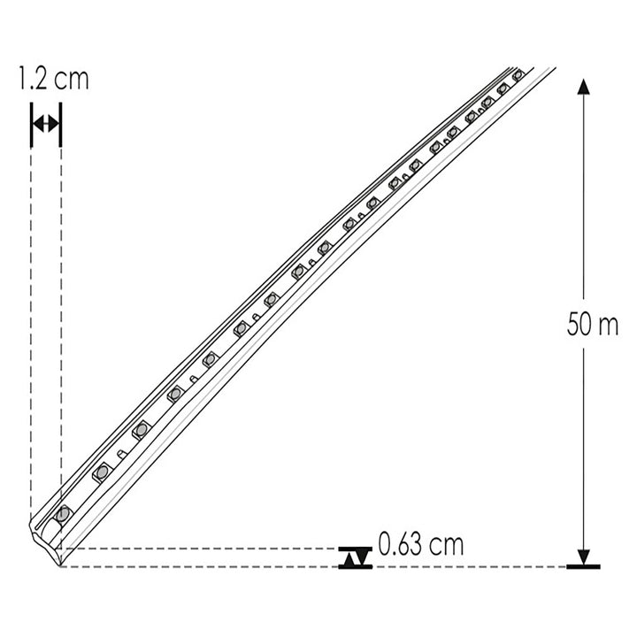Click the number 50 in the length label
[579, 325]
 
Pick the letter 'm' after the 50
[608, 326]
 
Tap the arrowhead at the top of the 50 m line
[583, 86]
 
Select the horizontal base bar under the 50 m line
[583, 565]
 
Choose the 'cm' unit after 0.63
[448, 543]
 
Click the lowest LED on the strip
[63, 513]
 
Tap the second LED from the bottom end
[101, 472]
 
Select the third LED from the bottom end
[139, 431]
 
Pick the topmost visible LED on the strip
[518, 76]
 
